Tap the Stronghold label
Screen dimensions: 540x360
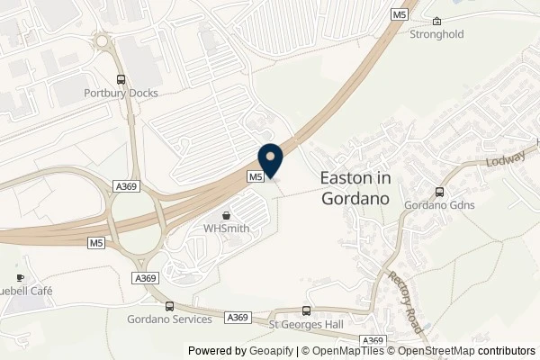coord(436,36)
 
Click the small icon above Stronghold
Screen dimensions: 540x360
coord(436,22)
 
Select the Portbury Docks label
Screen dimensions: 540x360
coord(121,94)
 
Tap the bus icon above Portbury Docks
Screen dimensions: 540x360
coord(121,79)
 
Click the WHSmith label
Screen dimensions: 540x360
coord(226,228)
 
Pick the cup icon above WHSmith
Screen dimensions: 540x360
coord(226,215)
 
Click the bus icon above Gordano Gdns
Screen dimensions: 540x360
coord(439,192)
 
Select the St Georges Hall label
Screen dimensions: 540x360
coord(309,322)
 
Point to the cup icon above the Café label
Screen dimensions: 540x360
coord(20,278)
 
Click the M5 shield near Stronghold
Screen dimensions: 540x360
coord(400,13)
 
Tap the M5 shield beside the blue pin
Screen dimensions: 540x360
coord(256,176)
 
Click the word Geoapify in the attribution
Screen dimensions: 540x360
coord(272,350)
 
